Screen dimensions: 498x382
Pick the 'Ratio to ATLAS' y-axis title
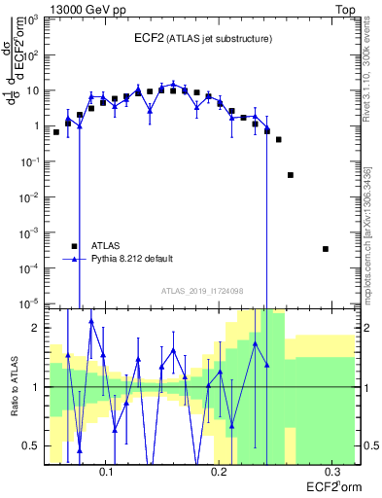pyautogui.click(x=14, y=386)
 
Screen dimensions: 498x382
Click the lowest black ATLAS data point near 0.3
pyautogui.click(x=326, y=249)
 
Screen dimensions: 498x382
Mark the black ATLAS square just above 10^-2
pyautogui.click(x=291, y=175)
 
